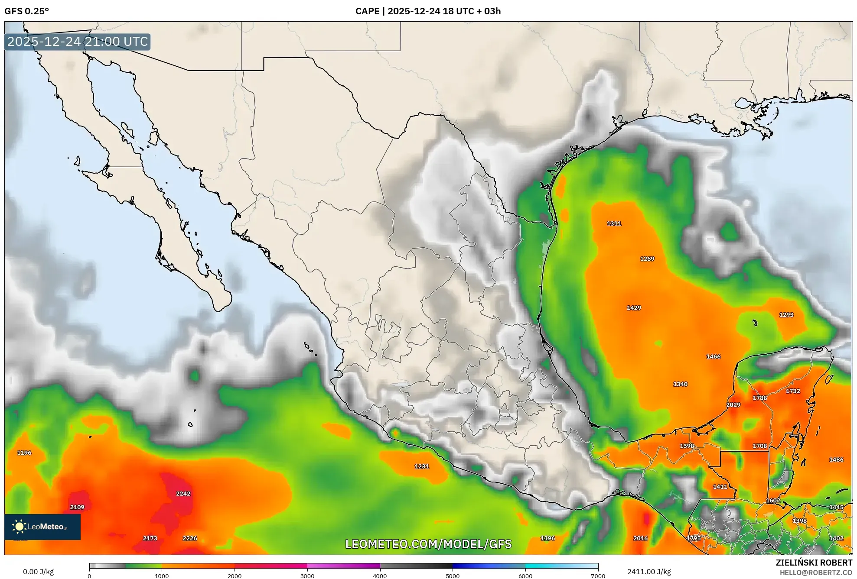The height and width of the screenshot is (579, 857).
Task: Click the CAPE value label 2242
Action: (x=183, y=493)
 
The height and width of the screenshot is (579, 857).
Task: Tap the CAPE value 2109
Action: (x=77, y=507)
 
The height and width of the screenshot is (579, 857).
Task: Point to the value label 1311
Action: (x=614, y=223)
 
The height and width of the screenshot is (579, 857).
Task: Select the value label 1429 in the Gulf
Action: (x=634, y=308)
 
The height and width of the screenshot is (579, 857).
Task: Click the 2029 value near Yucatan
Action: (x=733, y=405)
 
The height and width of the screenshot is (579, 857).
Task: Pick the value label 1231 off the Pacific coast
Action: (x=422, y=466)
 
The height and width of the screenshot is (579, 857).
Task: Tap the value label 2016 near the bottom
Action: (x=640, y=538)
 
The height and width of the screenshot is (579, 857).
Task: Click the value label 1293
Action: (x=786, y=315)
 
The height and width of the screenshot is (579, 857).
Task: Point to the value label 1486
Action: (x=836, y=459)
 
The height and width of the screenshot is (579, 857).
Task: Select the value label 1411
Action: (x=720, y=487)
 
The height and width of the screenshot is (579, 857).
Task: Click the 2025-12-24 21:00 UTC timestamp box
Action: (x=78, y=42)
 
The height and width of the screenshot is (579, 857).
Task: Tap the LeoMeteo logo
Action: (x=42, y=527)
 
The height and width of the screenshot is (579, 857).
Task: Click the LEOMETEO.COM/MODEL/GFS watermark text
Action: (x=428, y=544)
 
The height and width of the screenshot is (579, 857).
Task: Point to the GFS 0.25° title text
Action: (x=27, y=11)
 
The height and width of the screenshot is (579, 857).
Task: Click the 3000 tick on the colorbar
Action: (x=307, y=576)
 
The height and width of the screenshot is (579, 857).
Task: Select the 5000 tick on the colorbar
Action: (x=453, y=576)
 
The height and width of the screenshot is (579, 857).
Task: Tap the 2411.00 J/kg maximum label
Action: (x=649, y=572)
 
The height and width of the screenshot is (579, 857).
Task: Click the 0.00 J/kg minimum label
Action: (x=38, y=572)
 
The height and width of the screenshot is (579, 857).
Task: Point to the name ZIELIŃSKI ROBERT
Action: (x=814, y=563)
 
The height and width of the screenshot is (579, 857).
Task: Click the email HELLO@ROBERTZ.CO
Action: (x=816, y=573)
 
